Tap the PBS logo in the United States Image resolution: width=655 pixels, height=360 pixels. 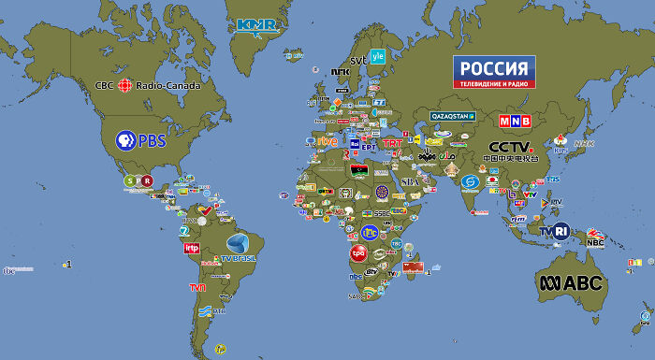[139, 141]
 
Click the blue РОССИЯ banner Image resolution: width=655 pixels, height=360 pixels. [494, 72]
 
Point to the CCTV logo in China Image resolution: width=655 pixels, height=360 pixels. [513, 151]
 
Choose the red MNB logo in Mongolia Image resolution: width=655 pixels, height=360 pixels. [514, 122]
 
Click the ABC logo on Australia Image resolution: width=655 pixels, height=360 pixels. [570, 282]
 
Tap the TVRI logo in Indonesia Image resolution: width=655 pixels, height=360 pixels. [554, 230]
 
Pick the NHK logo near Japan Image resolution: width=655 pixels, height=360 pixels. [584, 144]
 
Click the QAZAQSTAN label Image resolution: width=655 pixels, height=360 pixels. [453, 116]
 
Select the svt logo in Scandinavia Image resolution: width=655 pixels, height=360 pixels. [358, 61]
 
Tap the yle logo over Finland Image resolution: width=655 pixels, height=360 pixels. [378, 55]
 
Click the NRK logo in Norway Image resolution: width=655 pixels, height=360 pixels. [341, 71]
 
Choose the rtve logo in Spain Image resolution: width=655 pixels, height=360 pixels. [327, 141]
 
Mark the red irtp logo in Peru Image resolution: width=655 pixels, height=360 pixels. [191, 248]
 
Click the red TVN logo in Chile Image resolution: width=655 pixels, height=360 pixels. [197, 287]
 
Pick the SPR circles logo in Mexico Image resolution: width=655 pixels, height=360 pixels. [138, 181]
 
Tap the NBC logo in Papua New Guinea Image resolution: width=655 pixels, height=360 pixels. [595, 242]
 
